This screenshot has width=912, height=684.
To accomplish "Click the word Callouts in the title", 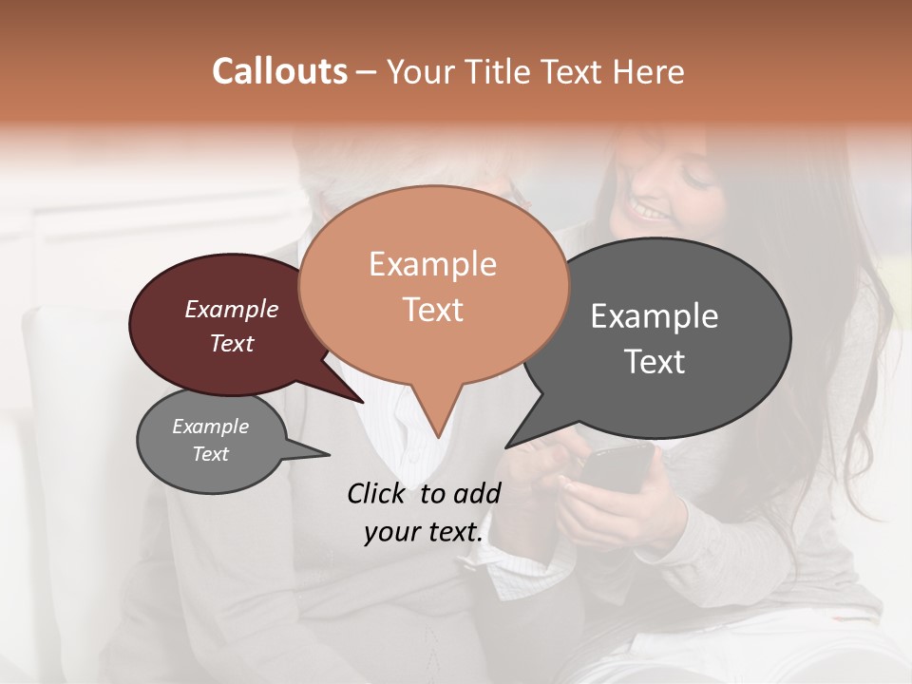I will (279, 71).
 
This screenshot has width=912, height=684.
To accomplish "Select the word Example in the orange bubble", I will (432, 264).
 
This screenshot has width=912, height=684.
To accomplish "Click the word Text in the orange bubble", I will (432, 309).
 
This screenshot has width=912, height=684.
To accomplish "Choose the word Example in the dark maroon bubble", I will (231, 309).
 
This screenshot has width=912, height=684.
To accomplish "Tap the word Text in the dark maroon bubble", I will (231, 343).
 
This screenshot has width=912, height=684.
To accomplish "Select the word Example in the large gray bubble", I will (654, 316).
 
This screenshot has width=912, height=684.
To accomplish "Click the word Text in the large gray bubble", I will (654, 361).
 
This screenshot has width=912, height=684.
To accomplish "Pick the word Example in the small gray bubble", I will (210, 427).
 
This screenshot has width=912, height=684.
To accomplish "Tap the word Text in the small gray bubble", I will (210, 454).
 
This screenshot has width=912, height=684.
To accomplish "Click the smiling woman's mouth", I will (652, 210).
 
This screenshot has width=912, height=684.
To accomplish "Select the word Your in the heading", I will (418, 71).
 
